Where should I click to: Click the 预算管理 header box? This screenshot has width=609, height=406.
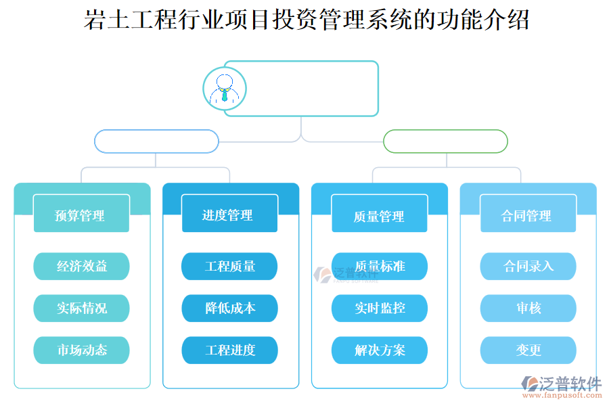pos(81,215)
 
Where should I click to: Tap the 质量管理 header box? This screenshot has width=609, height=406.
pos(379,215)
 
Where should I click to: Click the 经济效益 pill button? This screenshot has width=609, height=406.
pos(81,267)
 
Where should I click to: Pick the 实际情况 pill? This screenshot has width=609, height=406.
pos(81,309)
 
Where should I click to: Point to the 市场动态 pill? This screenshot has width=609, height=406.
pos(81,351)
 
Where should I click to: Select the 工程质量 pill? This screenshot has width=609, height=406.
pos(229,267)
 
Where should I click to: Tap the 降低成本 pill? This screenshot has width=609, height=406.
pos(229,309)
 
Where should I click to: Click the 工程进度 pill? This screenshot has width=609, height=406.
pos(229,351)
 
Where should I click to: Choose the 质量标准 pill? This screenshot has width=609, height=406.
pos(379,267)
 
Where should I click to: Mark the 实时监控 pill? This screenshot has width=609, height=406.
pos(379,309)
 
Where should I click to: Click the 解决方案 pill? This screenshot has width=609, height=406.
pos(379,351)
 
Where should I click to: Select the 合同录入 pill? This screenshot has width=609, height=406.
pos(528,267)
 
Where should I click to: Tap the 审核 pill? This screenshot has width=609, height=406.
pos(528,309)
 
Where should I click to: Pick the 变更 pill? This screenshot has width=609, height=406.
pos(528,351)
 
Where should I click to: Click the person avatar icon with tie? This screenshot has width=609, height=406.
pos(224,89)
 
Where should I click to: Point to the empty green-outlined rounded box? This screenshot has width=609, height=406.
pos(445,141)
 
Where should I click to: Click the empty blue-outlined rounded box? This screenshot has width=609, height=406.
pos(156,141)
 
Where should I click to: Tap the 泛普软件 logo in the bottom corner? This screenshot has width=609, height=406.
pos(561,386)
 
